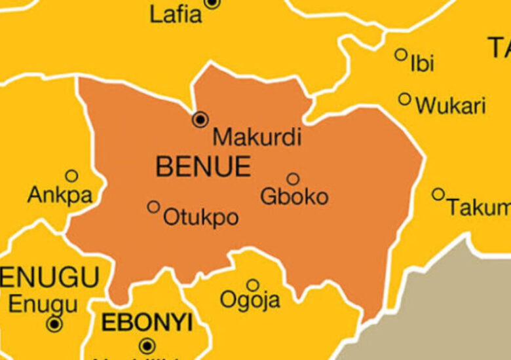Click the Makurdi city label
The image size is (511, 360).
click(257, 137)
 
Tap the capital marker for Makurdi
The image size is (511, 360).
click(200, 119)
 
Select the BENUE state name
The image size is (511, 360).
click(203, 167)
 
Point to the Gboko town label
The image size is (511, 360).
click(294, 196)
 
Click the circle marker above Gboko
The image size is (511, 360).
click(293, 179)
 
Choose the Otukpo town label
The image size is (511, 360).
click(200, 217)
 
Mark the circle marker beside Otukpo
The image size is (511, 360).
click(153, 207)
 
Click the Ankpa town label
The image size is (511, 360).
click(60, 194)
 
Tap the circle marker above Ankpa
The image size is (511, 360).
click(71, 175)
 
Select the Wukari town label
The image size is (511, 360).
click(451, 105)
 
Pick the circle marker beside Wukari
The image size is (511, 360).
click(405, 99)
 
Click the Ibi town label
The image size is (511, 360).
click(422, 64)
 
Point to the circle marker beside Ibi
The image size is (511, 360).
click(401, 55)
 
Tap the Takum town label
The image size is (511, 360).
click(478, 207)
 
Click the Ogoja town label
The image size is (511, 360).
click(250, 300)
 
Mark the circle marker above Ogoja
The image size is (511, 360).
click(253, 285)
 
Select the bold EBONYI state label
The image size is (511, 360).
click(146, 323)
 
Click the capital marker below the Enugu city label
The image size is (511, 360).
click(54, 324)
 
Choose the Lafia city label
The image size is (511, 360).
click(176, 14)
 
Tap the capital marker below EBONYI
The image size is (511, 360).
click(147, 346)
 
